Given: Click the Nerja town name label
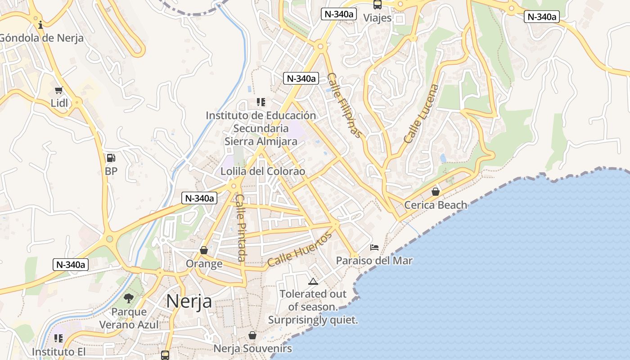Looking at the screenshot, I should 189,301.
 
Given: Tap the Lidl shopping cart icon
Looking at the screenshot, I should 58,90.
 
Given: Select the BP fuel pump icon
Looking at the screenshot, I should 111,158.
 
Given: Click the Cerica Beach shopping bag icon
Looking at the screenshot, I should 436,192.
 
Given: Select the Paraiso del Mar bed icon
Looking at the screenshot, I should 374,247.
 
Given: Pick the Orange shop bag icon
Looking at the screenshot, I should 204,250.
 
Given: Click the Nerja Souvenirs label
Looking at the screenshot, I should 252,348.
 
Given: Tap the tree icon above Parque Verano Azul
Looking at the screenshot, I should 129,298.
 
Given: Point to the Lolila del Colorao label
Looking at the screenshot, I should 263,171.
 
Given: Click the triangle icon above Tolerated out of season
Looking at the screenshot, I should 313,282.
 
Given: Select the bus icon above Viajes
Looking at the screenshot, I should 377,5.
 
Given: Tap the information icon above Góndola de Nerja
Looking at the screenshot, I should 41,24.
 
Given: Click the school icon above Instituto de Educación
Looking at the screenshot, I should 261,102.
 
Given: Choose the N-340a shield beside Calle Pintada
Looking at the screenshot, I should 199,198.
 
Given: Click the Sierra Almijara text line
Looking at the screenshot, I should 261,141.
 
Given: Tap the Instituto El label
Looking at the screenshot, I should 58,351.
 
